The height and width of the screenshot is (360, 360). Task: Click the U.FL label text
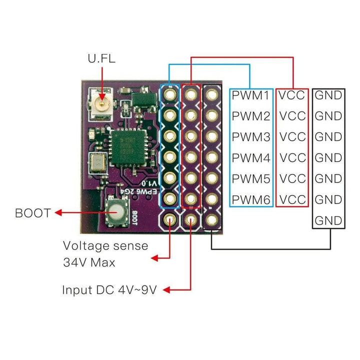(x=101, y=58)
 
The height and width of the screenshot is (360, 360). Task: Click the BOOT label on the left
(x=33, y=213)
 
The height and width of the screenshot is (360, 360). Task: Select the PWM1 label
(x=251, y=95)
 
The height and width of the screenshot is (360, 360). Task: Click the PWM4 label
(x=251, y=158)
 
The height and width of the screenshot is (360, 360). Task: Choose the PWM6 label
(x=251, y=200)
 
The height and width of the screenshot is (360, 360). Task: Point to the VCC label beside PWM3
(x=292, y=137)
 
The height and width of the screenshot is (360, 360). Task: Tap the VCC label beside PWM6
(x=292, y=200)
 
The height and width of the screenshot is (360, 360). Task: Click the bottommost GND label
(x=328, y=220)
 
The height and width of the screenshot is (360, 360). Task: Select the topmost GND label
(x=328, y=95)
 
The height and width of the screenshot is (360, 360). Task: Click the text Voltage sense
(x=105, y=245)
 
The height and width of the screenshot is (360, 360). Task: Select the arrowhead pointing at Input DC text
(x=167, y=289)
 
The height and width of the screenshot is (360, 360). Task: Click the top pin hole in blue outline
(x=170, y=94)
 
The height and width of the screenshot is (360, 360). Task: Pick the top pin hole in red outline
(x=191, y=94)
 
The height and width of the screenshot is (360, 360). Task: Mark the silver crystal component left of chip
(x=97, y=162)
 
